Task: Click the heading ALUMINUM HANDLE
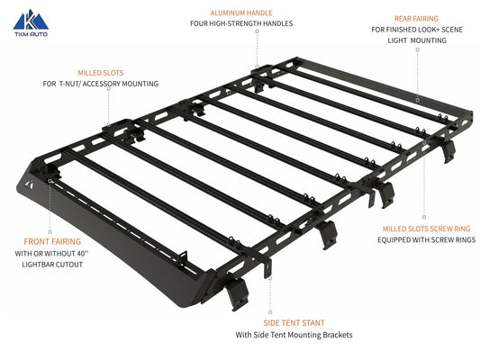tap(240, 14)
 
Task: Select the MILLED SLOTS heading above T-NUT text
tap(100, 70)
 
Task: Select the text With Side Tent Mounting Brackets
tap(294, 336)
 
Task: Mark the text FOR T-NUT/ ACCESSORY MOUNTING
tap(100, 83)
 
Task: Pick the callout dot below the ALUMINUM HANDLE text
tap(257, 32)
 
